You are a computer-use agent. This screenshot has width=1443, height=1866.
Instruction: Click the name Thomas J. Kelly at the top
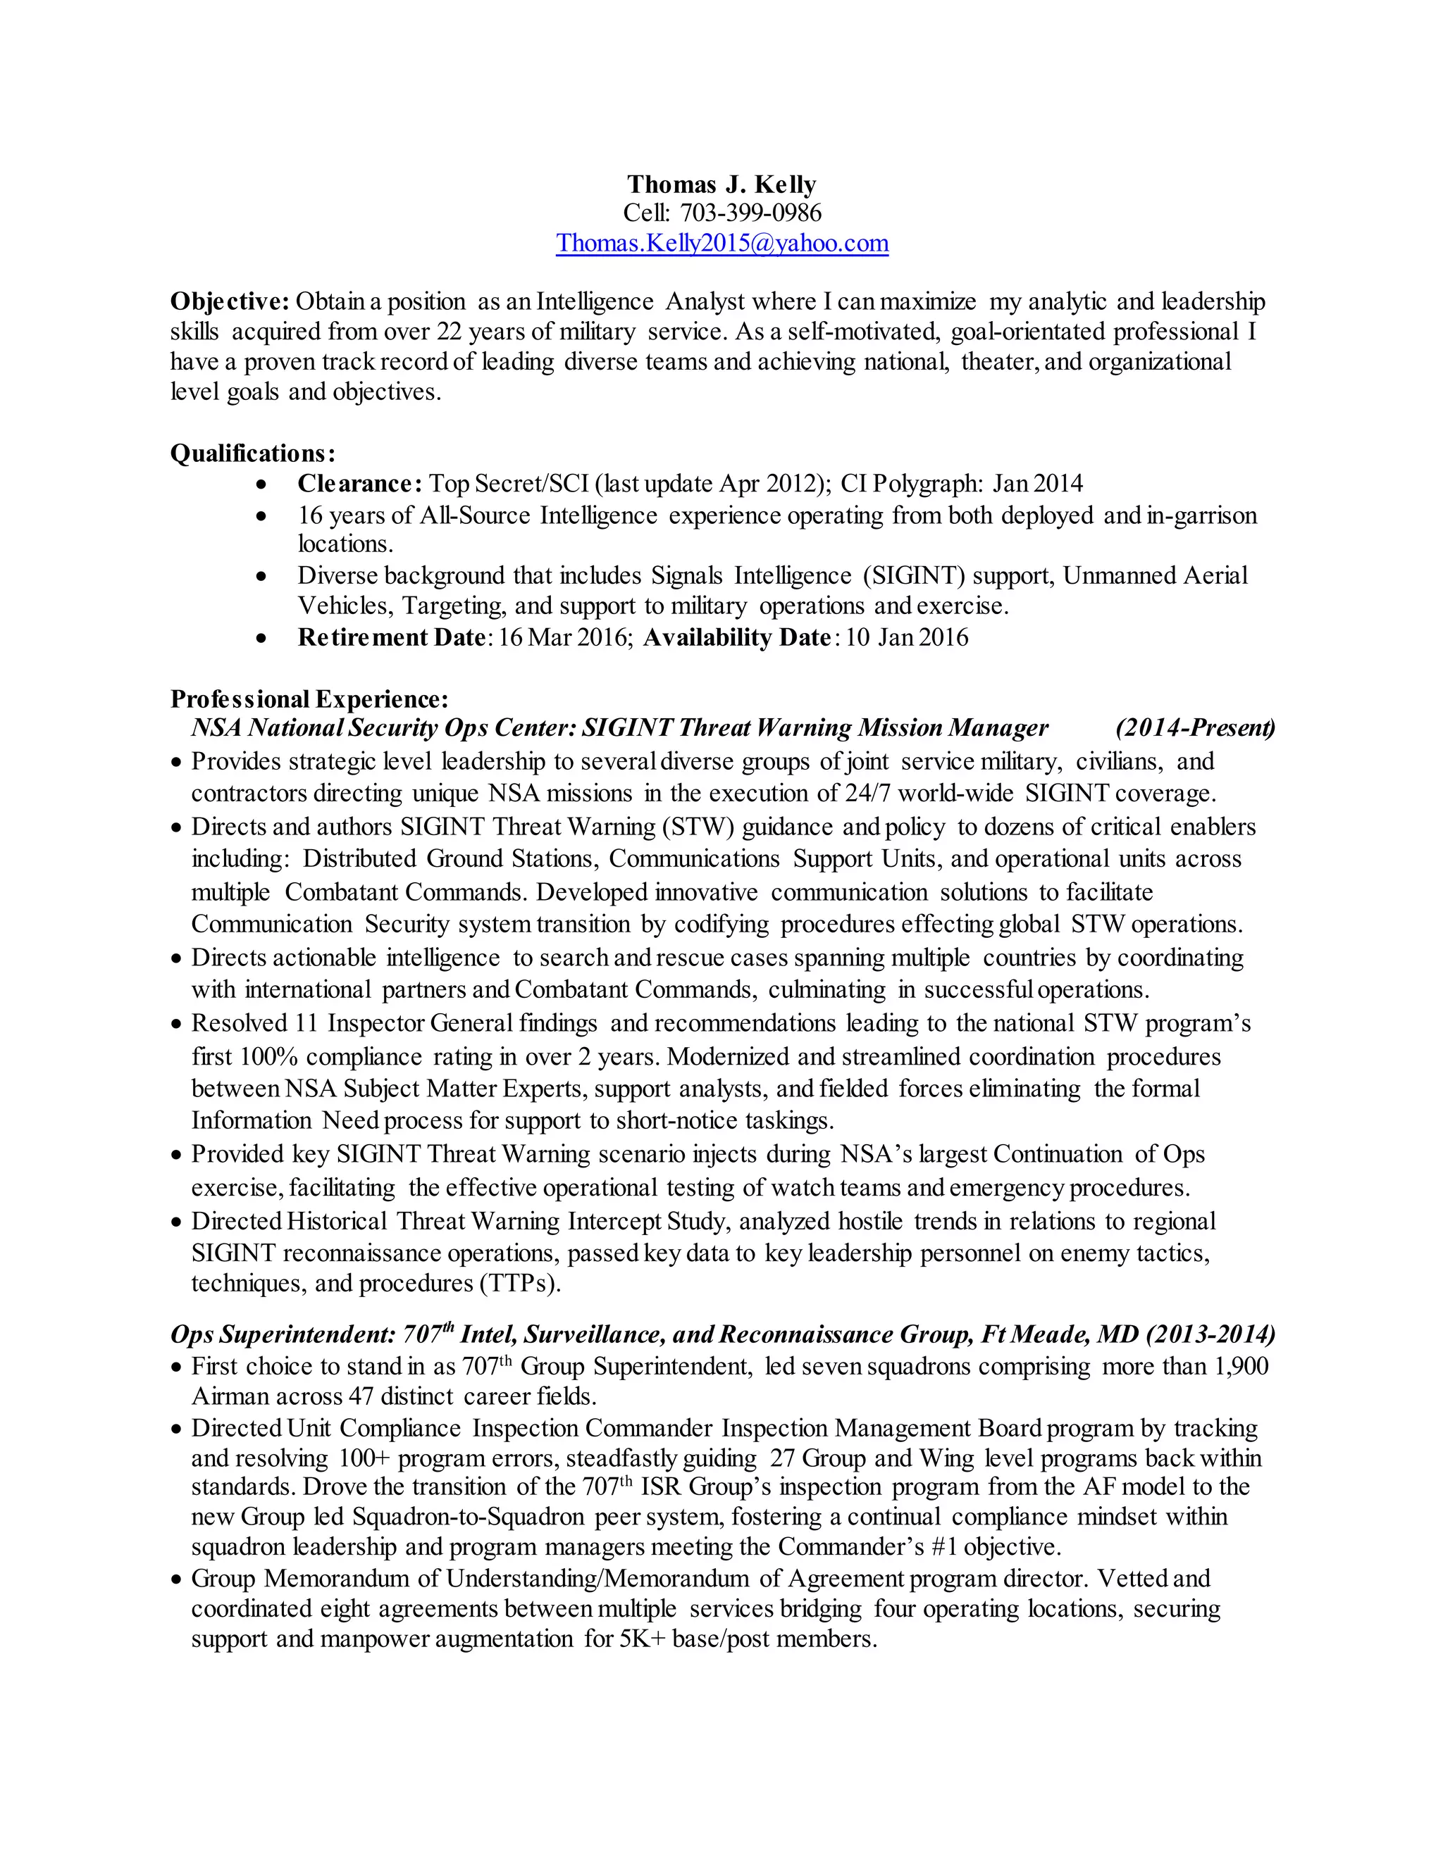[x=721, y=184]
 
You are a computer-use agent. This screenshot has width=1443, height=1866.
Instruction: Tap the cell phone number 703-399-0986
[x=750, y=213]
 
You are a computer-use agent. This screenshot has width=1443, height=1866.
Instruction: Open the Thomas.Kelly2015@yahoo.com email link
[x=721, y=244]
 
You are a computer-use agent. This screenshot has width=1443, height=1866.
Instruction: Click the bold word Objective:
[x=230, y=301]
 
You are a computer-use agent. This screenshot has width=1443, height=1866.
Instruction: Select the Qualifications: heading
[x=252, y=453]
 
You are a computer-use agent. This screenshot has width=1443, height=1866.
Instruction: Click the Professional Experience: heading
[x=309, y=699]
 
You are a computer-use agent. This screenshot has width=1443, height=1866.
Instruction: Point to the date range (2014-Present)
[x=1194, y=728]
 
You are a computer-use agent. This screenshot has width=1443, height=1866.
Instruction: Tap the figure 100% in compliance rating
[x=268, y=1057]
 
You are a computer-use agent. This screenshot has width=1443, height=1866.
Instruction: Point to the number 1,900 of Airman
[x=1239, y=1366]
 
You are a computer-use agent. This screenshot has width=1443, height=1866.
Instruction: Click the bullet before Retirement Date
[x=262, y=638]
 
